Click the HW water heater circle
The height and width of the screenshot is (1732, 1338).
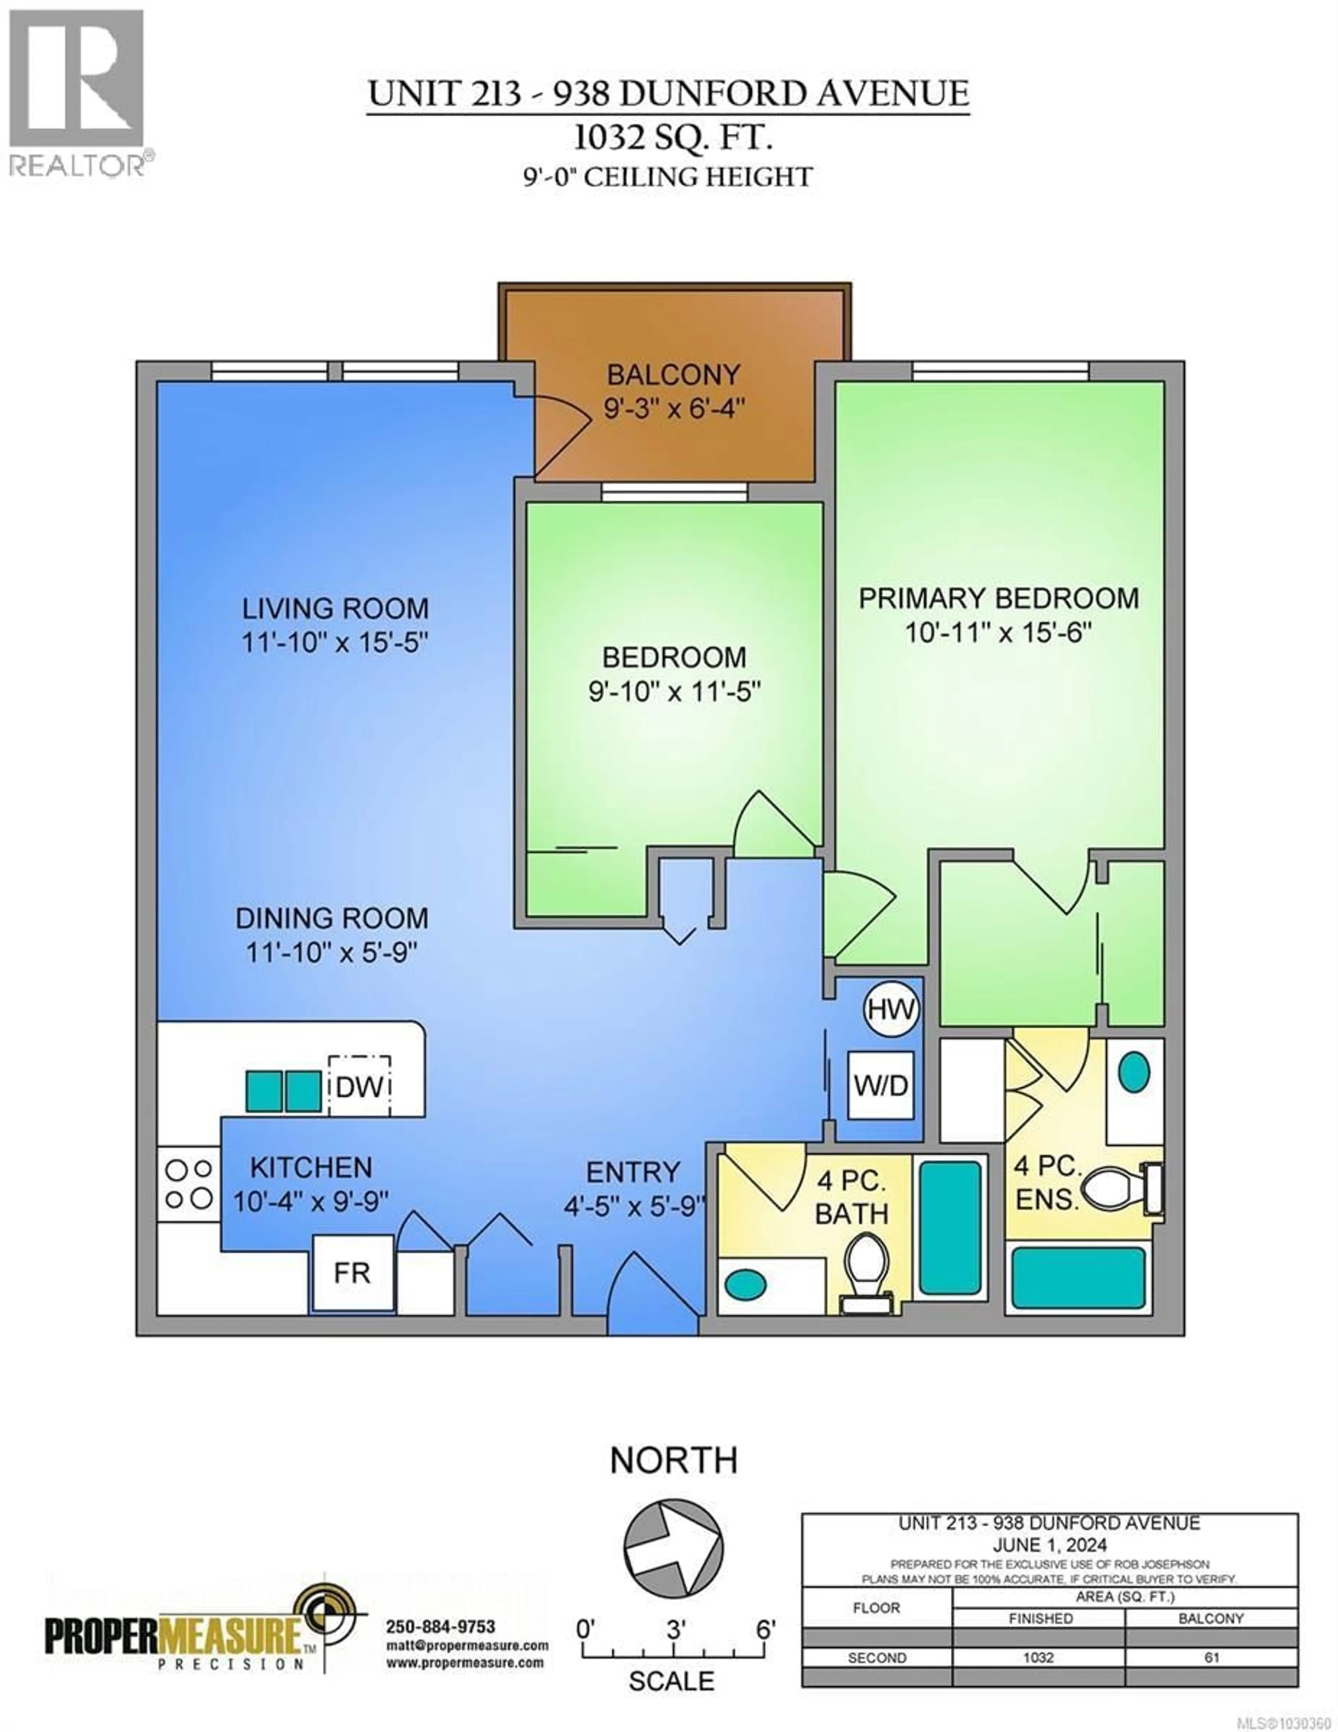pyautogui.click(x=891, y=1009)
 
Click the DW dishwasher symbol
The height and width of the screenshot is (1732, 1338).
pyautogui.click(x=359, y=1086)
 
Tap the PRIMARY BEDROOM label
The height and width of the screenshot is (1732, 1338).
pyautogui.click(x=999, y=598)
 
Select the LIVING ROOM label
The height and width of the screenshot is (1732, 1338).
pyautogui.click(x=335, y=609)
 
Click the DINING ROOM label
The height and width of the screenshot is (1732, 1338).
pyautogui.click(x=331, y=918)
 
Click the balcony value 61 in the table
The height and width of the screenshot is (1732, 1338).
pyautogui.click(x=1211, y=1657)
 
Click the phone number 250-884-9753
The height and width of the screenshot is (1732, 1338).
pyautogui.click(x=440, y=1626)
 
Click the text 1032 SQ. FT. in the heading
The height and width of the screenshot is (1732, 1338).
pyautogui.click(x=672, y=139)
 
